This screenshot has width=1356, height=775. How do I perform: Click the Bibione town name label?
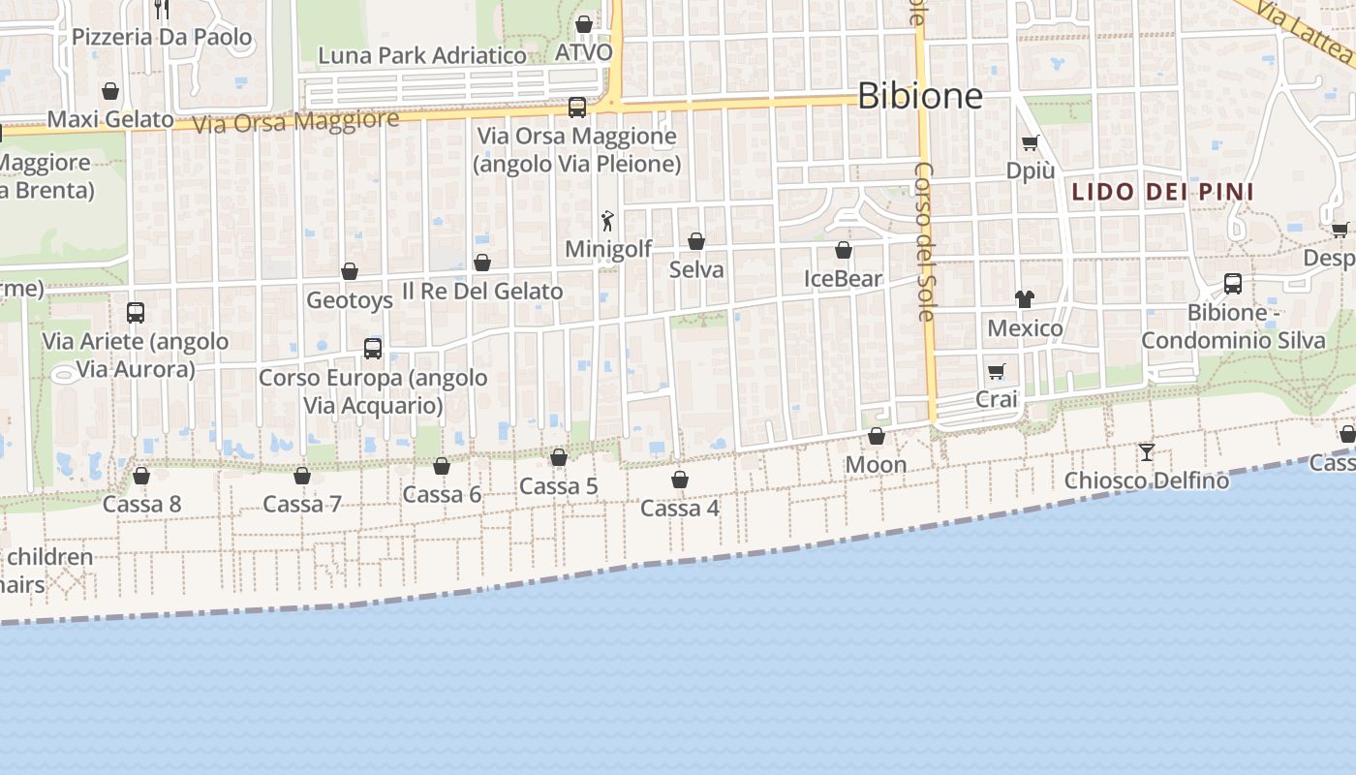[x=920, y=96]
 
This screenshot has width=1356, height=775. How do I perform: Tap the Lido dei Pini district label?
[x=1162, y=192]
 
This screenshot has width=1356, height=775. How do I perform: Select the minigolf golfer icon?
[x=607, y=222]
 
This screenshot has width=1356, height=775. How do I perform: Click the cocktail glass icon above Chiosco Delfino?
[x=1147, y=451]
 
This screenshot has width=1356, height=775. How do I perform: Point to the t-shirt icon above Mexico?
[x=1025, y=299]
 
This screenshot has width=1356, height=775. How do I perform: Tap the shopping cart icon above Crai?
[x=997, y=371]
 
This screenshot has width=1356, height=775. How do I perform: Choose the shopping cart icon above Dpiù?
[x=1030, y=142]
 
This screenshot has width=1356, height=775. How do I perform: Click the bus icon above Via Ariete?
[x=136, y=313]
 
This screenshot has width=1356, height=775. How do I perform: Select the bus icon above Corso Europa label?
[x=373, y=349]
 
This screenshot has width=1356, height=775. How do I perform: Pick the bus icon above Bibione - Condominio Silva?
[x=1233, y=284]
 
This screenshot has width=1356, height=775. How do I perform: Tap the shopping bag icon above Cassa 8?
[x=141, y=476]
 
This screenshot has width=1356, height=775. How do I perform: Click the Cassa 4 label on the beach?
[x=680, y=508]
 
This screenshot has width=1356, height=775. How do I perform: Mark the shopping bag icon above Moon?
[x=877, y=437]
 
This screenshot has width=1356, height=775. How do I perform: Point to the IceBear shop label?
[x=844, y=279]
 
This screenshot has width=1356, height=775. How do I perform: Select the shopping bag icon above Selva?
[x=696, y=241]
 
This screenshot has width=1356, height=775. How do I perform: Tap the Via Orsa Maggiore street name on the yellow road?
[x=295, y=122]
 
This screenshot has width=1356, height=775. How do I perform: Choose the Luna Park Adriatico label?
[x=422, y=55]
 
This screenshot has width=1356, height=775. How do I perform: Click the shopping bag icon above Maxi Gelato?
[x=110, y=91]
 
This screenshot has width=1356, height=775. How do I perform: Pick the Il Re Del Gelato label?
[x=482, y=291]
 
